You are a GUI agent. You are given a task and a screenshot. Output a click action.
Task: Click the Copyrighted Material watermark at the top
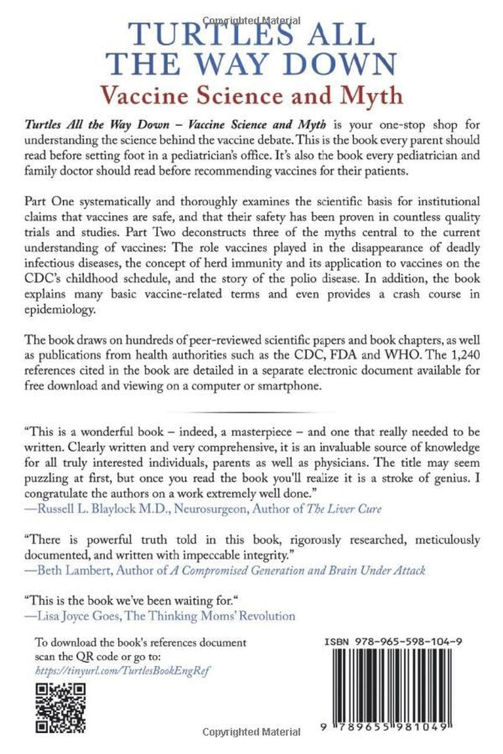pos(251,6)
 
